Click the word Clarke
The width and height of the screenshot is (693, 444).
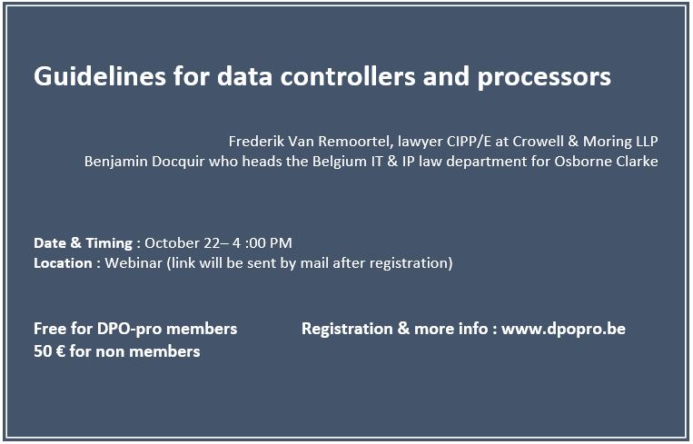point(635,162)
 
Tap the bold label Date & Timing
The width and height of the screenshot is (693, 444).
point(83,242)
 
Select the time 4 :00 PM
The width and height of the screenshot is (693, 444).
point(263,242)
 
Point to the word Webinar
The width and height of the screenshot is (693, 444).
point(134,263)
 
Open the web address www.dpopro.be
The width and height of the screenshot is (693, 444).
point(563,329)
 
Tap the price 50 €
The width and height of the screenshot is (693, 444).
point(49,350)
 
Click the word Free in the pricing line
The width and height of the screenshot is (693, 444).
point(50,329)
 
